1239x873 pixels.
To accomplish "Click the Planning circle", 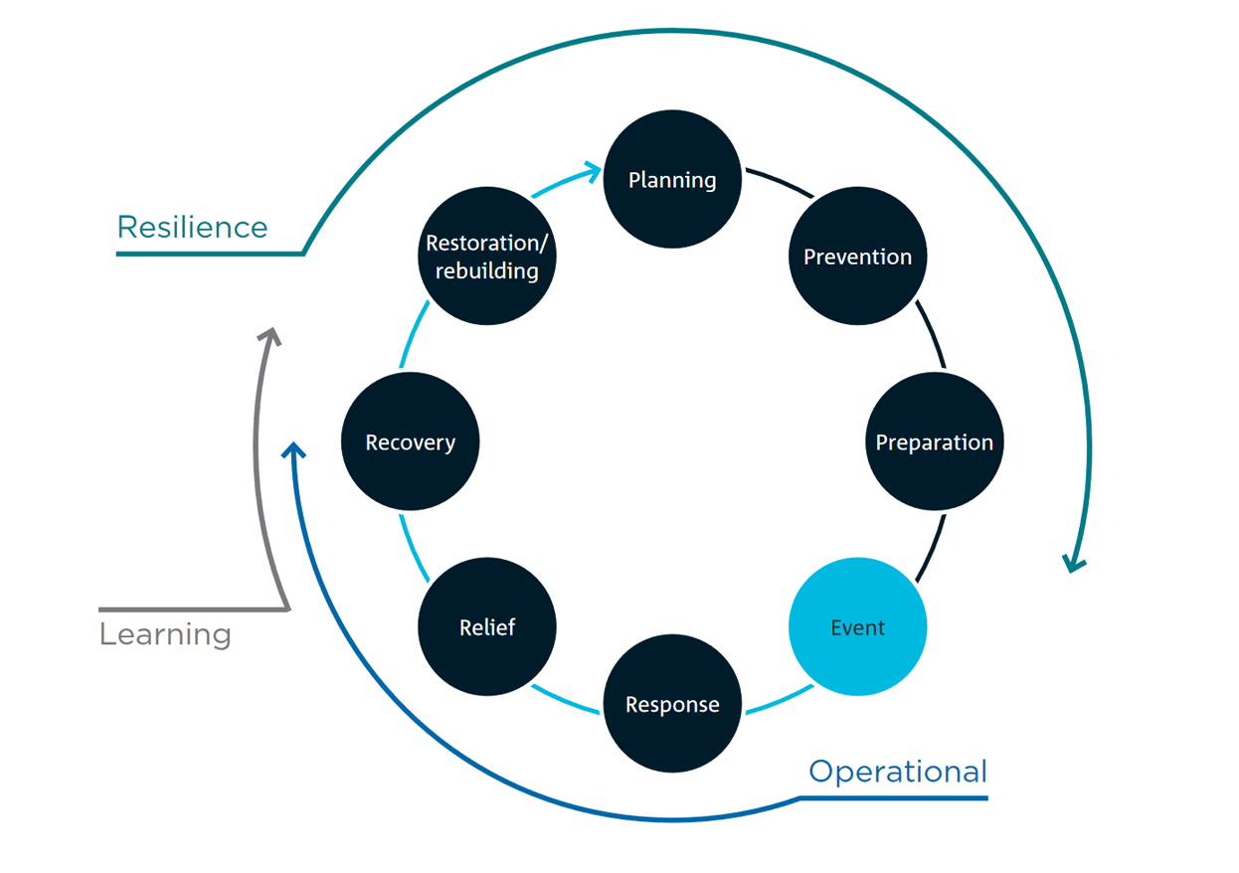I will (672, 180).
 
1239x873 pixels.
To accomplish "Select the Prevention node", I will (857, 257).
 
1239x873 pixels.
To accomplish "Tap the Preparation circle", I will (934, 442).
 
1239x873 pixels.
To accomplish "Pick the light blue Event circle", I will (857, 627).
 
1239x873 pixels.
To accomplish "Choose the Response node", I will (672, 704).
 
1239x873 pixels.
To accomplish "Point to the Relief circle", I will (487, 627).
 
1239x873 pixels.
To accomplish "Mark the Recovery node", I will (410, 442).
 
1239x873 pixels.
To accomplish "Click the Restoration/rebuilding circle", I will (487, 257).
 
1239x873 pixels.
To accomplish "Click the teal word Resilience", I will (192, 228).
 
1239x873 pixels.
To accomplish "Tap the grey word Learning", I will (165, 634).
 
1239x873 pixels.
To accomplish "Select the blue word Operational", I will (897, 772).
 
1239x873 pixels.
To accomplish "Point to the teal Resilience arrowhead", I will (1072, 564).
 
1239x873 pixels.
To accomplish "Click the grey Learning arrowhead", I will (268, 335).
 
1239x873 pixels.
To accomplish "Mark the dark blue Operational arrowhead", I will (292, 450).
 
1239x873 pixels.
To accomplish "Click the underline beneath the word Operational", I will (895, 797).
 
